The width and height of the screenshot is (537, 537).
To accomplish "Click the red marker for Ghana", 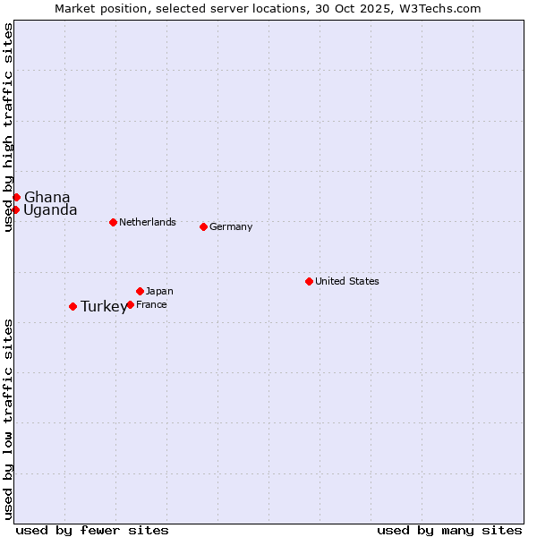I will [16, 197].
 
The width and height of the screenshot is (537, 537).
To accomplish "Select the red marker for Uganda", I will [15, 209].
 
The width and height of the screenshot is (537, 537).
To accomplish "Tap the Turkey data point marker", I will [72, 306].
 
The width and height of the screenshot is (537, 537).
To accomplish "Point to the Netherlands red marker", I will [113, 222].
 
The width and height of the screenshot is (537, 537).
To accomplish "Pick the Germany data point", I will [203, 226].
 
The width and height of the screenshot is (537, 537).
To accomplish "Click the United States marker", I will [309, 281].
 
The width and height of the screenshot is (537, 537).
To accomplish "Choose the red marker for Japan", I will [140, 291].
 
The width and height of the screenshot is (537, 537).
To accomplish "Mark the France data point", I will [130, 304].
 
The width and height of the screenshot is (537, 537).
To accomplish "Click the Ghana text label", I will [47, 197].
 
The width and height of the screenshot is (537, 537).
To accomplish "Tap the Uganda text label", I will [50, 210].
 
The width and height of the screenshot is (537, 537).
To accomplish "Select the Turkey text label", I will [104, 307].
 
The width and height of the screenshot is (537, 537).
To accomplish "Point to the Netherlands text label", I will [148, 222].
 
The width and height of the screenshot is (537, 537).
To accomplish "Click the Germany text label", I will [231, 226].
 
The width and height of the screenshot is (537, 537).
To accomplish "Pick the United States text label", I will [347, 281].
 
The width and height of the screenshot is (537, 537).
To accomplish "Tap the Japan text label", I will [159, 291].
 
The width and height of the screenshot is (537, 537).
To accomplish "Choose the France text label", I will [151, 304].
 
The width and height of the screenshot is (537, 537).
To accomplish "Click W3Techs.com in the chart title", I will [441, 8].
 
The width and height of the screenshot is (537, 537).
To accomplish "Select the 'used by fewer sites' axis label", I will [92, 530].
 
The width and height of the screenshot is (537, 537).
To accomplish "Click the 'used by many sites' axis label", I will [449, 530].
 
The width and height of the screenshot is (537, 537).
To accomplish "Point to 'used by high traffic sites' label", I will [8, 127].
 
